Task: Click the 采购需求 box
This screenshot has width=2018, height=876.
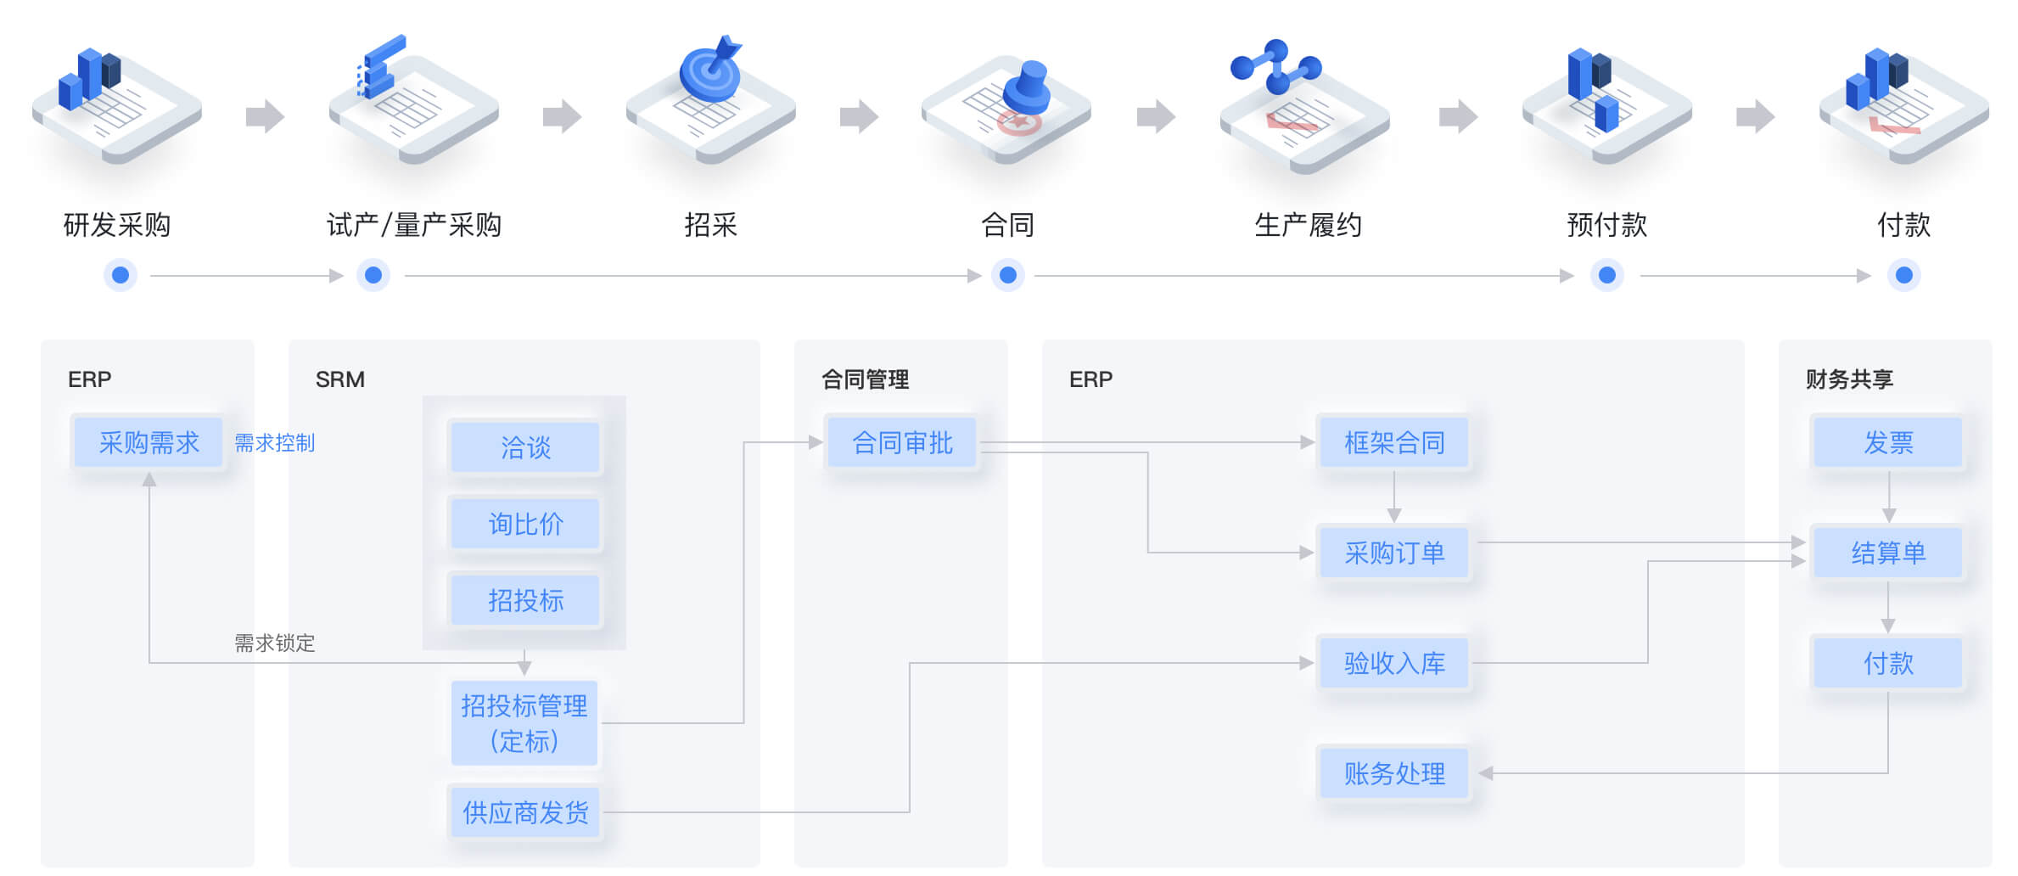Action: (x=149, y=442)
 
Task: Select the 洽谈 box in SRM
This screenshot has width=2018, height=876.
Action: (x=525, y=447)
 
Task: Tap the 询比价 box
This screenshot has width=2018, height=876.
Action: (x=525, y=524)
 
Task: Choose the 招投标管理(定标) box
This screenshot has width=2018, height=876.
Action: (x=524, y=722)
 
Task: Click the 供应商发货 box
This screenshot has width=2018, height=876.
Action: (x=525, y=812)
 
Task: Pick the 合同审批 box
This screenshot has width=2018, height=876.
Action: (x=902, y=442)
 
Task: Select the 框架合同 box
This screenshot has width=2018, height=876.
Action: (x=1393, y=442)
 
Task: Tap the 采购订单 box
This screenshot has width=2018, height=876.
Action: (x=1393, y=553)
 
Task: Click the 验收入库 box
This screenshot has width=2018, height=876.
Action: (x=1393, y=663)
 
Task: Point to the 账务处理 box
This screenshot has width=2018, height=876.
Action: (x=1393, y=773)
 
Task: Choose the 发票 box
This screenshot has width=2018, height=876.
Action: (x=1888, y=442)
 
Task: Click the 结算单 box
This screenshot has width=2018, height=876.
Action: (x=1888, y=553)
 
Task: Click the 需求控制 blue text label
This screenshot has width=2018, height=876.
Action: (x=274, y=443)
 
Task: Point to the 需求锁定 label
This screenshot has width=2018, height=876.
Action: (x=274, y=643)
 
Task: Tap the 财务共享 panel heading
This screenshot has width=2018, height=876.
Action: (x=1849, y=379)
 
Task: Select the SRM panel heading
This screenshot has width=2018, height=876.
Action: (x=339, y=379)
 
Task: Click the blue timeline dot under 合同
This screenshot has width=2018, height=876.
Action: (x=1008, y=275)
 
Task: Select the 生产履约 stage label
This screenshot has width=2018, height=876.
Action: (x=1308, y=225)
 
